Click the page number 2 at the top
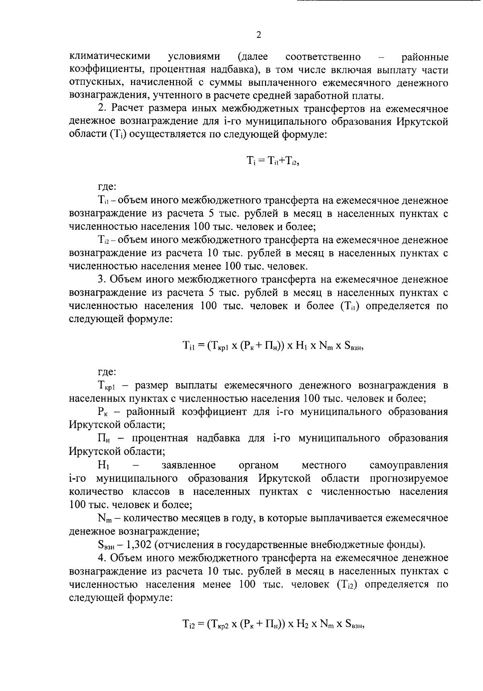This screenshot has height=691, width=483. [259, 35]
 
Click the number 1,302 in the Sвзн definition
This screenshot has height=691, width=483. [138, 545]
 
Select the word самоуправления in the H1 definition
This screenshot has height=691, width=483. [409, 466]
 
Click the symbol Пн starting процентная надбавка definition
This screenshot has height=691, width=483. [104, 439]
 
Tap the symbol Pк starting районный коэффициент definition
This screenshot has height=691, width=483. [103, 412]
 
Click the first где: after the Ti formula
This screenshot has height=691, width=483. [107, 186]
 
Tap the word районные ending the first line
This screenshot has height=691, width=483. [425, 56]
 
